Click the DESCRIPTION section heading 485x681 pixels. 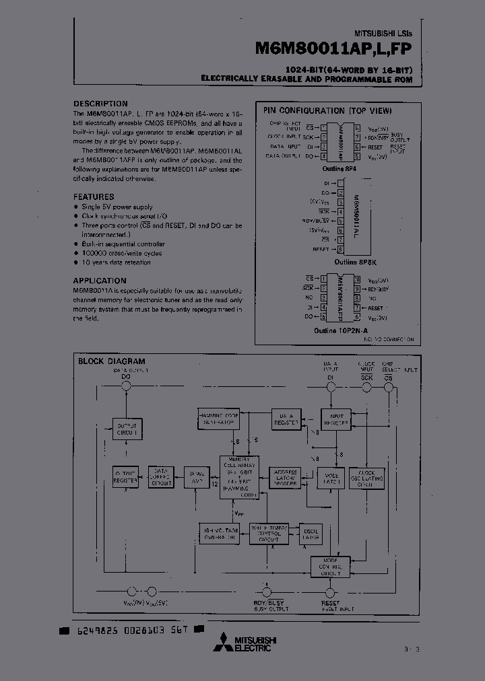click(x=100, y=104)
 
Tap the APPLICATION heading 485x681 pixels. click(x=100, y=281)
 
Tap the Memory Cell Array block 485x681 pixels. click(x=239, y=477)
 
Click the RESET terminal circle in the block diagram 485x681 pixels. click(x=331, y=593)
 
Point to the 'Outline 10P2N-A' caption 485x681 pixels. click(x=339, y=330)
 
